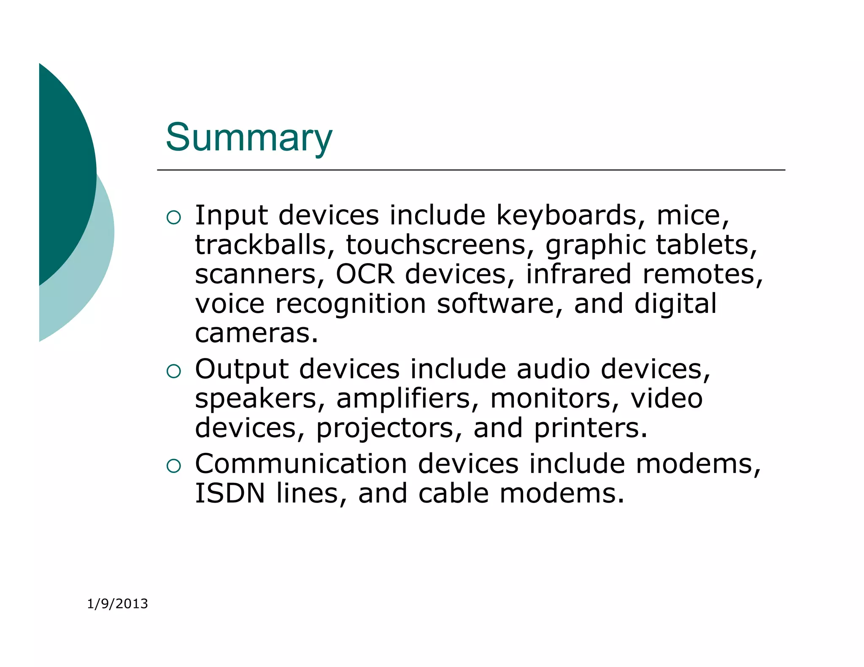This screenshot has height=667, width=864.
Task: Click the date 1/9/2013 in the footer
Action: click(117, 604)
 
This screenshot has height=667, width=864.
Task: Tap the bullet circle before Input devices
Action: click(173, 218)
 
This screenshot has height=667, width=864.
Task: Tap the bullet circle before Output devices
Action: click(173, 371)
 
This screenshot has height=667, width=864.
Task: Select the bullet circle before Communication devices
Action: click(173, 466)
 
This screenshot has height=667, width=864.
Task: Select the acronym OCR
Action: click(365, 274)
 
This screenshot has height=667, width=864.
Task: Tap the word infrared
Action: click(578, 274)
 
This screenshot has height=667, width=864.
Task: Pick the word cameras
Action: click(256, 333)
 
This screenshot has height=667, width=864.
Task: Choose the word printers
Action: click(590, 428)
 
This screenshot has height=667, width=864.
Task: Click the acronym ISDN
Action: click(230, 493)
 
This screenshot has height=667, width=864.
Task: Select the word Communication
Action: click(301, 464)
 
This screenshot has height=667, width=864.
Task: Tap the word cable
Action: click(454, 493)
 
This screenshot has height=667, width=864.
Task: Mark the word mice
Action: click(692, 216)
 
